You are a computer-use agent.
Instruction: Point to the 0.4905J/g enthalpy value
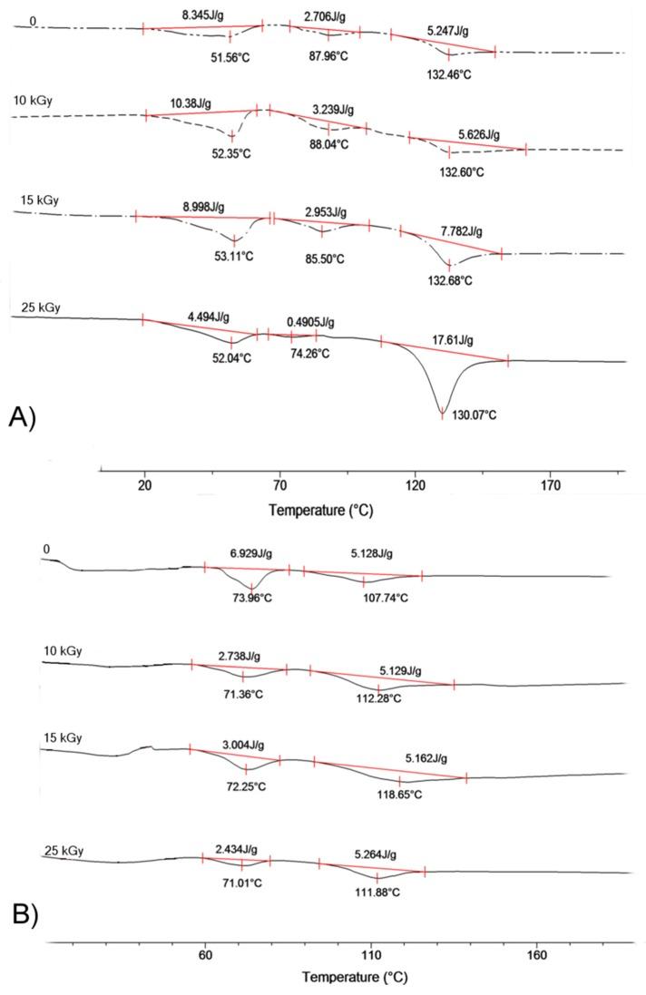click(310, 322)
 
